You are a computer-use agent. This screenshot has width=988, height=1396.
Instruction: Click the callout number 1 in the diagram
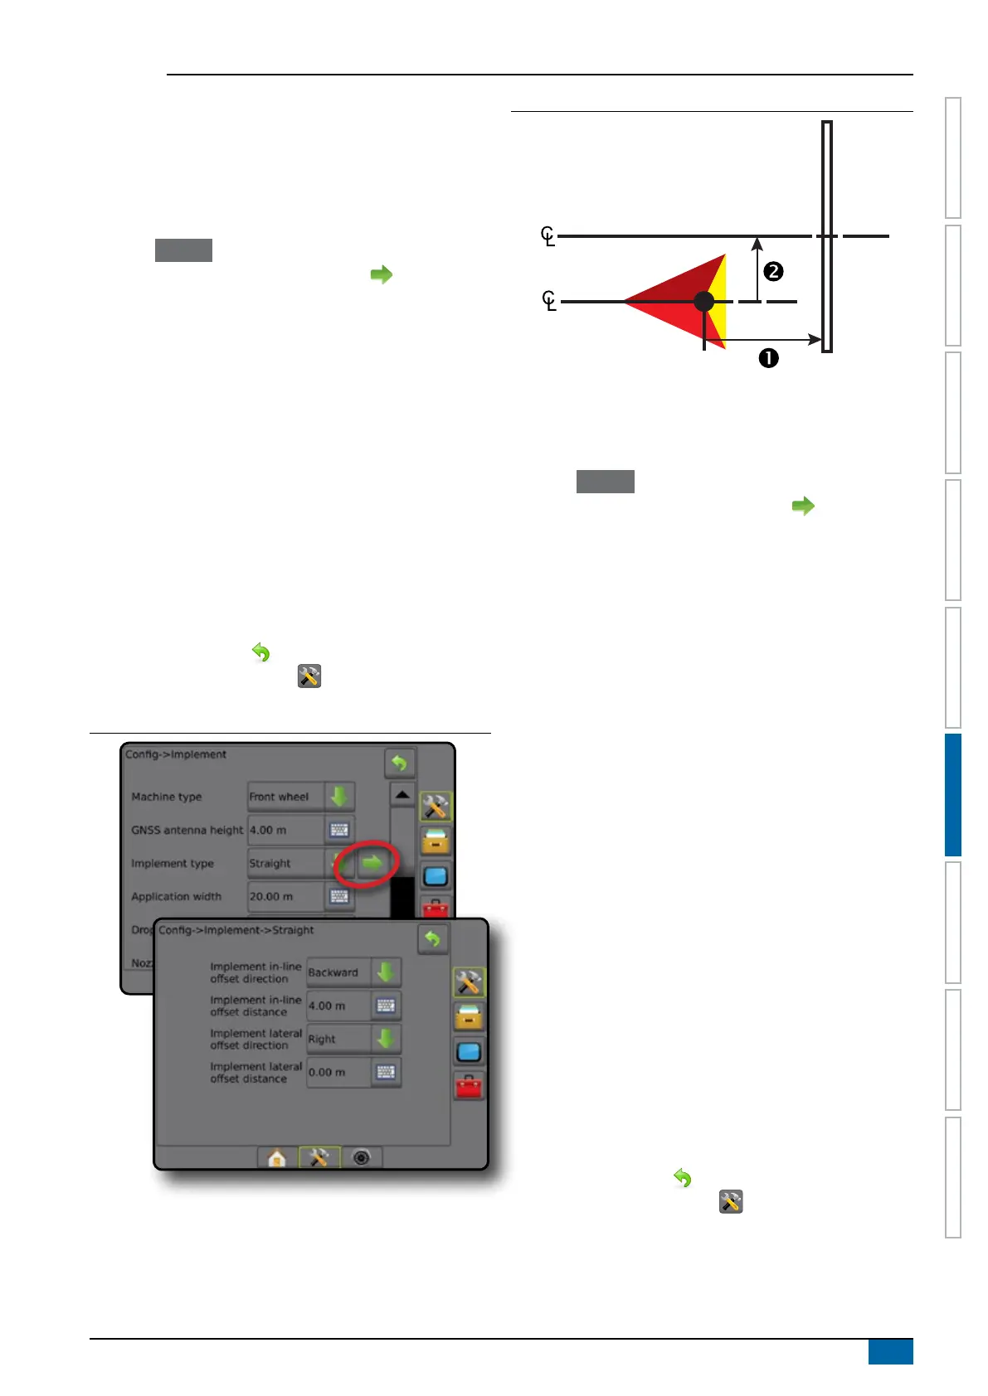pyautogui.click(x=769, y=358)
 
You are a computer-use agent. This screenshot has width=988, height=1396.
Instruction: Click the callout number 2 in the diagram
pyautogui.click(x=773, y=271)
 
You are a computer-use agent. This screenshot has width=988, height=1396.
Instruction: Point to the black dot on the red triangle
pyautogui.click(x=703, y=301)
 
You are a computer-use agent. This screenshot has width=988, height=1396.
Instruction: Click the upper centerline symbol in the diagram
pyautogui.click(x=548, y=236)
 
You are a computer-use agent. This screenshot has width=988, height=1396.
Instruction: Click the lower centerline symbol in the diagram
pyautogui.click(x=548, y=300)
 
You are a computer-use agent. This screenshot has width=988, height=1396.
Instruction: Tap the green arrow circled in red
pyautogui.click(x=373, y=863)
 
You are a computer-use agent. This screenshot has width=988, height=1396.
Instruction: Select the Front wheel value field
pyautogui.click(x=285, y=797)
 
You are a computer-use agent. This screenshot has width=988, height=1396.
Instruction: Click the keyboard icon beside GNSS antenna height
pyautogui.click(x=339, y=830)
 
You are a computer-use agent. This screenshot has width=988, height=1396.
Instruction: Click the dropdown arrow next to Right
pyautogui.click(x=386, y=1039)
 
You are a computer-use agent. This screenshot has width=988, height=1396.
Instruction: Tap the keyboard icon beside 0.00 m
pyautogui.click(x=386, y=1072)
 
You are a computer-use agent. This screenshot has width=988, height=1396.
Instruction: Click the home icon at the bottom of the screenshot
pyautogui.click(x=277, y=1157)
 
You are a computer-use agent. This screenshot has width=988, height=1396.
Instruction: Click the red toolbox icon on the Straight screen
pyautogui.click(x=469, y=1085)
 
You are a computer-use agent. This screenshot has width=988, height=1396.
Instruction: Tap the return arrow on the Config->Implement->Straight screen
pyautogui.click(x=432, y=939)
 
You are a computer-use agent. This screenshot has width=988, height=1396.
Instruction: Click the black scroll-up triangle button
pyautogui.click(x=402, y=795)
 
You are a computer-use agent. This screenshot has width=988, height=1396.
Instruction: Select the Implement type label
pyautogui.click(x=173, y=863)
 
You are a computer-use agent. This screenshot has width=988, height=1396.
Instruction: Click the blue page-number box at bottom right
pyautogui.click(x=890, y=1351)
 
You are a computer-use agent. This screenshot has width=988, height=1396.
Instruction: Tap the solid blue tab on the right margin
pyautogui.click(x=952, y=794)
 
